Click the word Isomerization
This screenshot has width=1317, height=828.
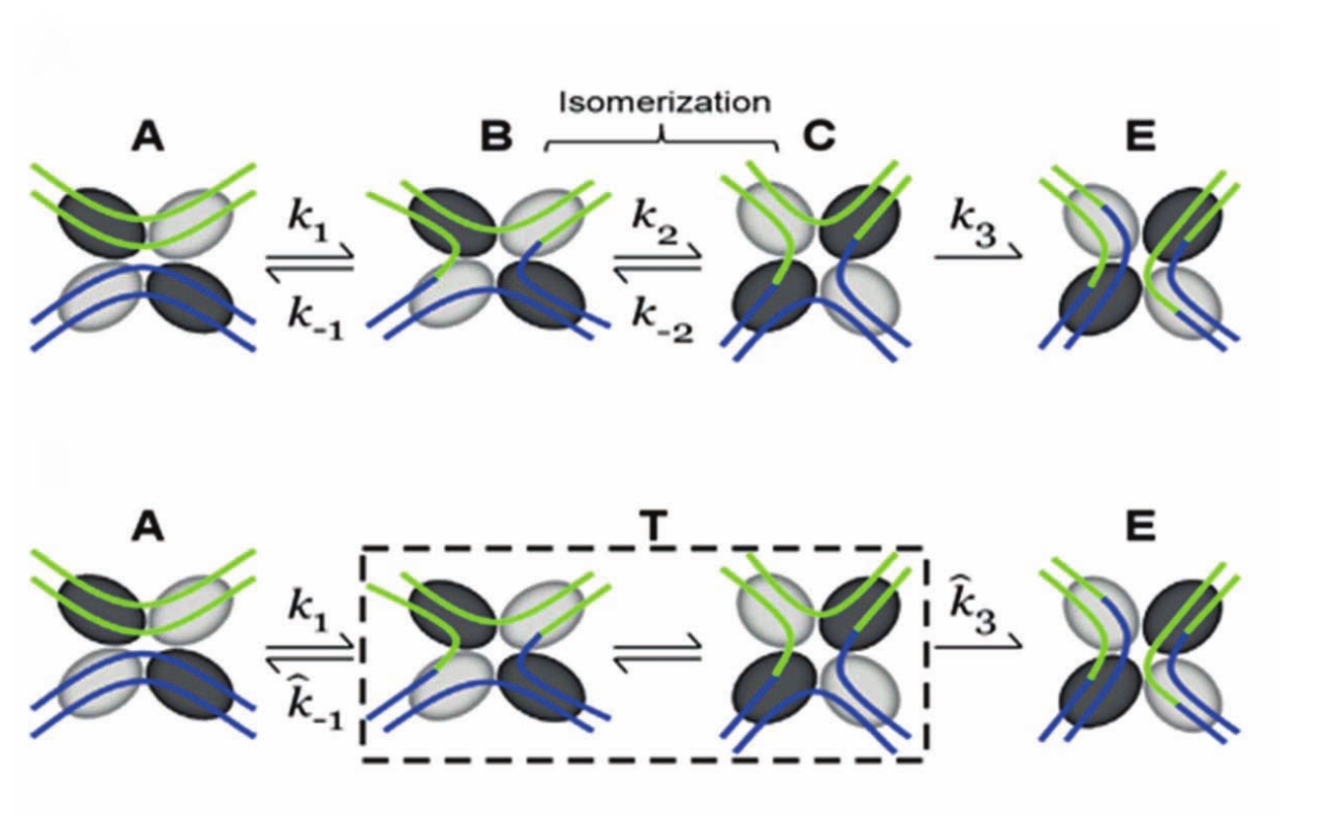[x=663, y=102]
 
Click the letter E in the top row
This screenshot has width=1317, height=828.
[x=1140, y=138]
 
